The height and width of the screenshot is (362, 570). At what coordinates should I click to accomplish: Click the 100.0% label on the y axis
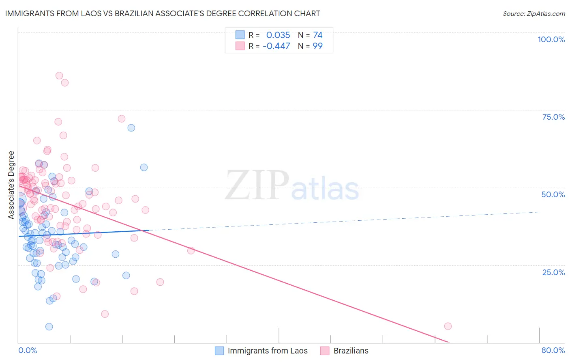[x=551, y=39]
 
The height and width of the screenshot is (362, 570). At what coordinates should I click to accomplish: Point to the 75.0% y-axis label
[x=553, y=117]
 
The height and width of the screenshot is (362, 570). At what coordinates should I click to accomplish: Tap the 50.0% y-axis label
[x=553, y=194]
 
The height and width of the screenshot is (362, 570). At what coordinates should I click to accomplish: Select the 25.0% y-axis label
[x=553, y=272]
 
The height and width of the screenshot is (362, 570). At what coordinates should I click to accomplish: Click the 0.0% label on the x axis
[x=28, y=350]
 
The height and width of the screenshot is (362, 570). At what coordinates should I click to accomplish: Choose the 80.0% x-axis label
[x=553, y=350]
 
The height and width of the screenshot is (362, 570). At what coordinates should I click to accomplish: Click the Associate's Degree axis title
[x=11, y=185]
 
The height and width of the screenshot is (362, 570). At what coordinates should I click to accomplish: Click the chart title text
[x=163, y=13]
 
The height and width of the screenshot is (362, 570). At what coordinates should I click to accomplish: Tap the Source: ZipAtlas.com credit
[x=534, y=14]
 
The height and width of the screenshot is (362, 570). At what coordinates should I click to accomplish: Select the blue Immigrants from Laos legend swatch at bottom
[x=219, y=351]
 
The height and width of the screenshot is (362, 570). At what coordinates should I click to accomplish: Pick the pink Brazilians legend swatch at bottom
[x=325, y=351]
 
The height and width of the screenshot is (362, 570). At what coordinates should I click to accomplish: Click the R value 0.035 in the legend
[x=278, y=35]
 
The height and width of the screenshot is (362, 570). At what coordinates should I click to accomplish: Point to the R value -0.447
[x=276, y=46]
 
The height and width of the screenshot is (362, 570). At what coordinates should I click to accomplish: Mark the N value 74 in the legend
[x=317, y=35]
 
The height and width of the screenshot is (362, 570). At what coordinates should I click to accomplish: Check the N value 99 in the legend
[x=317, y=46]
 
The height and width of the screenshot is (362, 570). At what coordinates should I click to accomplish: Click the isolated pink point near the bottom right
[x=448, y=326]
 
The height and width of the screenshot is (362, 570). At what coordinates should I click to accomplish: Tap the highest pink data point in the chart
[x=59, y=75]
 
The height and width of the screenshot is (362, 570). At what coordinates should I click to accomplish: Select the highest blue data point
[x=131, y=128]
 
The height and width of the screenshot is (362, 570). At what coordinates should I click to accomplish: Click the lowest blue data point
[x=49, y=327]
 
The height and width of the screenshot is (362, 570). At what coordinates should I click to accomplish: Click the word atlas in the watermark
[x=325, y=190]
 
